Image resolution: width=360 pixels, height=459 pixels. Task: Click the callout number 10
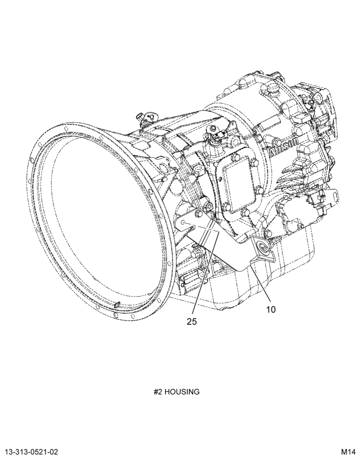click(271, 309)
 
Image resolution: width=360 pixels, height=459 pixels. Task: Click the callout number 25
click(192, 321)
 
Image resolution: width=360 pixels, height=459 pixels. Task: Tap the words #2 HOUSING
click(177, 392)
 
